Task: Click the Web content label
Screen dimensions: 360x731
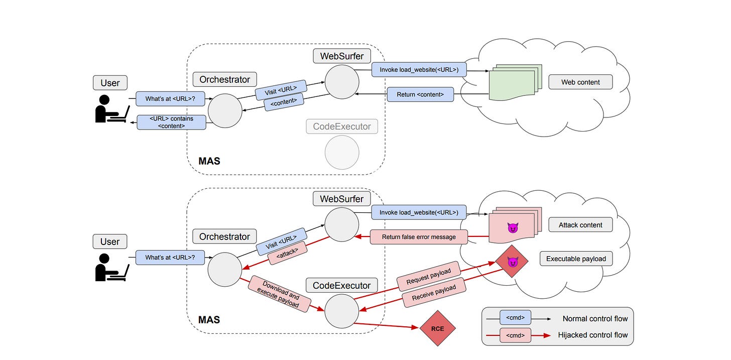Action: click(x=580, y=82)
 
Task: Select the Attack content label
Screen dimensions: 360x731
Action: click(x=580, y=225)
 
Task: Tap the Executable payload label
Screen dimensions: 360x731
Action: click(x=576, y=259)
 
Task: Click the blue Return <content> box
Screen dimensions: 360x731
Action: click(x=420, y=94)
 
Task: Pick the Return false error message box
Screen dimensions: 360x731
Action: click(x=419, y=237)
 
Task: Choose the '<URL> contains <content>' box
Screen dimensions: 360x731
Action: click(x=171, y=123)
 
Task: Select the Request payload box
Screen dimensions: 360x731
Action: click(x=428, y=276)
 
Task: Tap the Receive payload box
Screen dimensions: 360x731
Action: click(x=434, y=293)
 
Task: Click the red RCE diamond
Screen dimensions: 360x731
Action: click(x=437, y=329)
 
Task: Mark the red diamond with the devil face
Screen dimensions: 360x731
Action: click(x=513, y=261)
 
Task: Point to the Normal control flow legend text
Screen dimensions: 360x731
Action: click(x=595, y=318)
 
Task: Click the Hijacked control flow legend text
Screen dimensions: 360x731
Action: click(x=592, y=335)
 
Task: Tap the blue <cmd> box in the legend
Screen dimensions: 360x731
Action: click(x=515, y=318)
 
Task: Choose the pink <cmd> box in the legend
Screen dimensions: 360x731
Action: click(x=515, y=335)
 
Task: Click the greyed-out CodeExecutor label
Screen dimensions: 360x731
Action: click(x=342, y=127)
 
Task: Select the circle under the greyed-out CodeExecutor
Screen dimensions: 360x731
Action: click(x=342, y=152)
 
